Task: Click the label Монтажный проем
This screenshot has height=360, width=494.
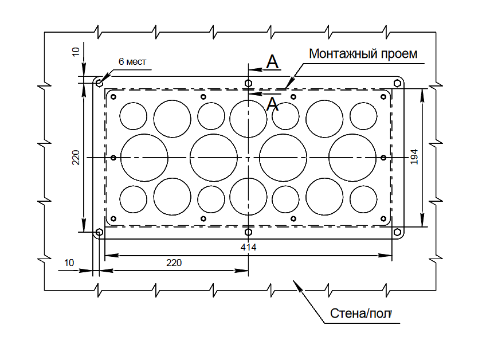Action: (363, 54)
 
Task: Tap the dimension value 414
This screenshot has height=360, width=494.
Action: (248, 248)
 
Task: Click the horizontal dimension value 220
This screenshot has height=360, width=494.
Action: (174, 263)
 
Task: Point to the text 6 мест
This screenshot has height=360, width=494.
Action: (132, 62)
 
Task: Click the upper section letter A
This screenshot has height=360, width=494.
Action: (273, 62)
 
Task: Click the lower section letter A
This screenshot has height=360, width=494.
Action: (273, 104)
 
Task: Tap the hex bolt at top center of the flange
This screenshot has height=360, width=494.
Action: (248, 83)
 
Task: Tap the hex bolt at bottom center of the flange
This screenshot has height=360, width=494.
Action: (248, 232)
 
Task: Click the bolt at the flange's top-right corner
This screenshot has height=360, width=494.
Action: (397, 83)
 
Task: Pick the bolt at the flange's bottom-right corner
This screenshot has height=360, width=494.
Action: (397, 232)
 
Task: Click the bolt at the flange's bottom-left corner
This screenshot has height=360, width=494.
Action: (100, 232)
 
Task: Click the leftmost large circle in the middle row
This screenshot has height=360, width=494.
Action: (144, 158)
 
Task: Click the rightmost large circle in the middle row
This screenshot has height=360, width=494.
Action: (352, 158)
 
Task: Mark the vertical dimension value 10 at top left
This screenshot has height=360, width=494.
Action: (76, 52)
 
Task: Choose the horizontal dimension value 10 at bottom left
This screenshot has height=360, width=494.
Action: (69, 263)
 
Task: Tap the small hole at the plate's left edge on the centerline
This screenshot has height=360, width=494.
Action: (113, 158)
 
